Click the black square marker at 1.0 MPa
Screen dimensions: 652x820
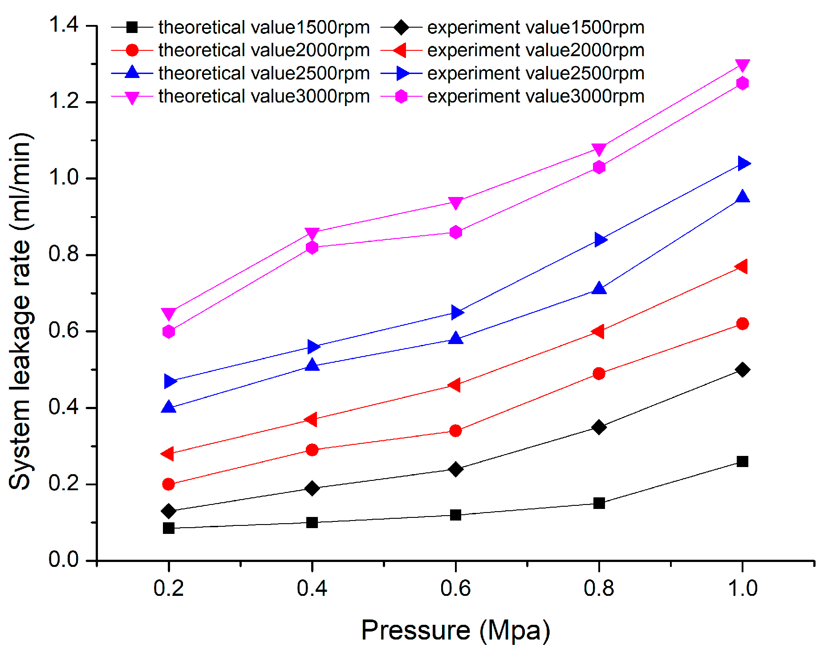(x=742, y=461)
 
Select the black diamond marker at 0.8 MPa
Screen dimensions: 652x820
(x=599, y=427)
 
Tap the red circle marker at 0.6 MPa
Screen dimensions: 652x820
(x=455, y=431)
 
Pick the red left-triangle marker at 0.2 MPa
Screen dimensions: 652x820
(x=168, y=454)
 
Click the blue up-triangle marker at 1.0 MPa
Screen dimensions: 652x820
(x=742, y=197)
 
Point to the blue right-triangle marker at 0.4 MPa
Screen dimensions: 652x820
(x=313, y=347)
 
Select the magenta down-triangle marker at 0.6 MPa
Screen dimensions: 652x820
(x=455, y=203)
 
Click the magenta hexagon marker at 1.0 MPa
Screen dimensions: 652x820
(x=742, y=83)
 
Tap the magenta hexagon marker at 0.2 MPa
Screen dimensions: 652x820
(x=169, y=332)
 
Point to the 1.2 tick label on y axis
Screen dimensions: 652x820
(x=64, y=102)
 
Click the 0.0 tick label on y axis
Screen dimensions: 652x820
(x=64, y=560)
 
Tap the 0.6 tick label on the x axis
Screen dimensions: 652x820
(x=455, y=588)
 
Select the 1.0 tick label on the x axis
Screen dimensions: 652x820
(x=742, y=588)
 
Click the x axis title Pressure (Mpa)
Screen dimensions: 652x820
(x=455, y=630)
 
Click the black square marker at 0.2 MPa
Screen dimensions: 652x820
(x=169, y=528)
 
